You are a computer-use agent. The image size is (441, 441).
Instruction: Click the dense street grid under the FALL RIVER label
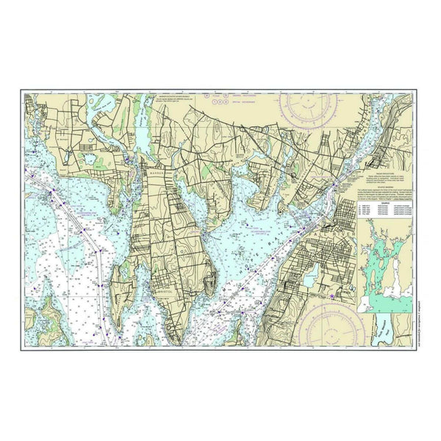point(323,243)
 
